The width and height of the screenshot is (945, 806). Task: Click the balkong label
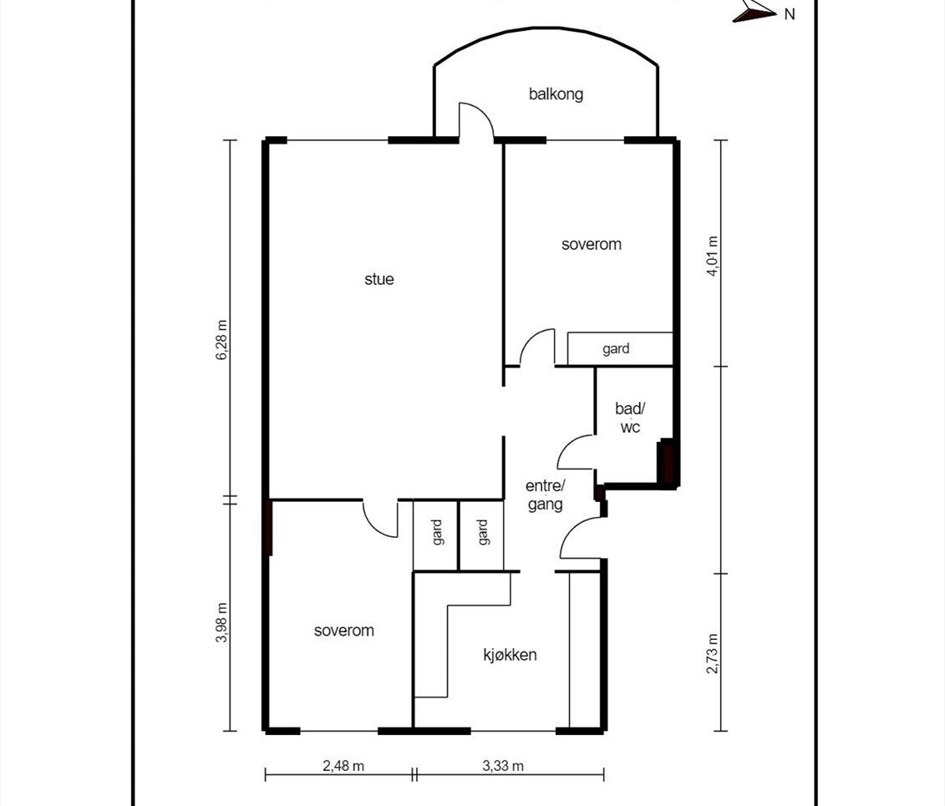556,94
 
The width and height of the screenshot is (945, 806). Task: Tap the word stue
379,279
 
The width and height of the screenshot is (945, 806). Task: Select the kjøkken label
510,654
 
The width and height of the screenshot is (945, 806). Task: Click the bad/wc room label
628,418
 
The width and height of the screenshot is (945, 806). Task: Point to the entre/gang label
545,495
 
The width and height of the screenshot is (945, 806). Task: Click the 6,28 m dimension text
222,340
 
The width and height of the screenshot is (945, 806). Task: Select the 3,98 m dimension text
222,622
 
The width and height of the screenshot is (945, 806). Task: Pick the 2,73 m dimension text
712,654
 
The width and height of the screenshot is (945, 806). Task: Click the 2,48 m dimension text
343,765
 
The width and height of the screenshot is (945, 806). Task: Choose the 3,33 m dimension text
503,765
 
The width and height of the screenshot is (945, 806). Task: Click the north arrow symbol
754,11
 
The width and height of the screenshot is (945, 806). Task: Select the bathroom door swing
575,453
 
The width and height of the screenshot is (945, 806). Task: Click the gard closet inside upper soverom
619,349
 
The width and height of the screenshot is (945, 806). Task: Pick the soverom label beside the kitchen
343,631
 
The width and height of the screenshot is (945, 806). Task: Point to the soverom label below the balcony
591,244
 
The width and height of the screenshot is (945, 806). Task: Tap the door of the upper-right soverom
537,347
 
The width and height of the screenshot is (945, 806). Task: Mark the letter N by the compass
789,13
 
